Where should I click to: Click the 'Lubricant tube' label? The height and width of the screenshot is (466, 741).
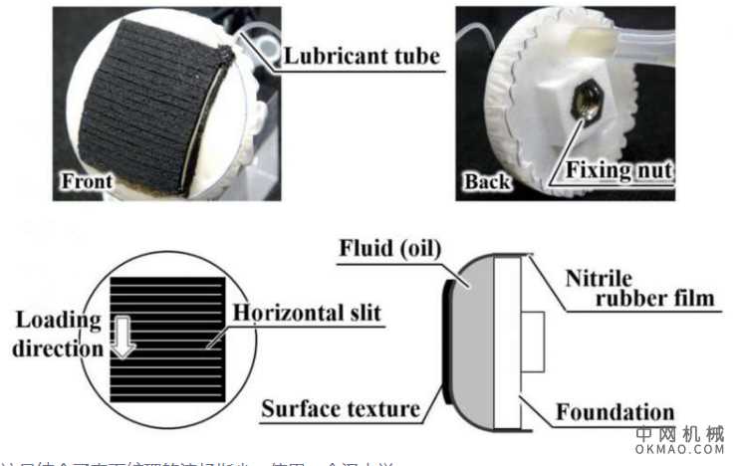coord(362,57)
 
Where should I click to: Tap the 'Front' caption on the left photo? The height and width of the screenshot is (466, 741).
coord(87,182)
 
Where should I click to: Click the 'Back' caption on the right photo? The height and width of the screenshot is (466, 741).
coord(487,182)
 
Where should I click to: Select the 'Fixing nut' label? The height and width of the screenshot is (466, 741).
coord(619,171)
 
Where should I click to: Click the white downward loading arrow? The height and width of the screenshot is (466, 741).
coord(123,337)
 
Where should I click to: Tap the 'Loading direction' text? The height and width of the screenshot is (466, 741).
coord(60,335)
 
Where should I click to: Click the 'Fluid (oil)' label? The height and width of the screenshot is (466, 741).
coord(390,246)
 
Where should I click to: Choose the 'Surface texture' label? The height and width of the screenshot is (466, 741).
coord(340,409)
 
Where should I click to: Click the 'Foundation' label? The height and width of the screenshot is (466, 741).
coord(615,412)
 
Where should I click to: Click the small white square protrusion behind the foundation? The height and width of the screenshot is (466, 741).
coord(532,342)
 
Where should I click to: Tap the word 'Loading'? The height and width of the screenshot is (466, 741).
coord(58,320)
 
